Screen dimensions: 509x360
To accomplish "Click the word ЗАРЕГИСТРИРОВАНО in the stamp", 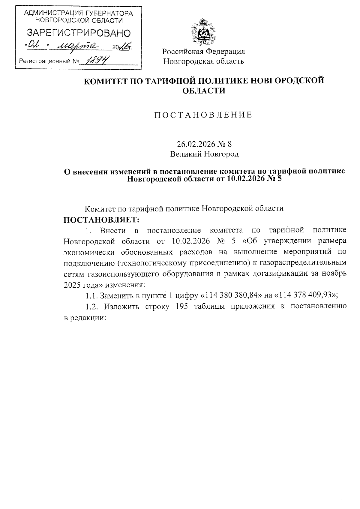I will point(79,33).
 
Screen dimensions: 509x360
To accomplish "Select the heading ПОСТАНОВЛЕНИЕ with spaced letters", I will point(203,115).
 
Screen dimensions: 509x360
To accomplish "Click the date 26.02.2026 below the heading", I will point(195,144).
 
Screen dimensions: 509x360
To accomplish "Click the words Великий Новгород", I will point(204,154).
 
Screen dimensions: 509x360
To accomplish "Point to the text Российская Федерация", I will point(203,52).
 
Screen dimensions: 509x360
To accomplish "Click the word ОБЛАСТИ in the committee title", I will point(204,91).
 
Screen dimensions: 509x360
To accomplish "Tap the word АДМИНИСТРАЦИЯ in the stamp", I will point(52,13).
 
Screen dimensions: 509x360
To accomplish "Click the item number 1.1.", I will point(91,295).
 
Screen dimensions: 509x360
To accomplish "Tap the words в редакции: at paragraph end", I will point(85,318).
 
